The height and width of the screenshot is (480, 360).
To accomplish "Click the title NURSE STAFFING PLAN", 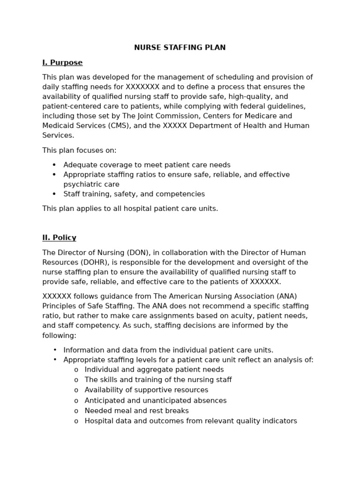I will point(180,47).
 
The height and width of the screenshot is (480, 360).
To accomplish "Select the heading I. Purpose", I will point(62,62).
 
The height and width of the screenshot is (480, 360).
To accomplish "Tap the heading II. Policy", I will point(59,238).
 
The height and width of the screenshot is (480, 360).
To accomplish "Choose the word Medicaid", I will point(58,126).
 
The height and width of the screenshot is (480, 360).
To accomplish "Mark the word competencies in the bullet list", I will point(182,194).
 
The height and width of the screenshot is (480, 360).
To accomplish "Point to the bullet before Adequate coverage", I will point(54,165).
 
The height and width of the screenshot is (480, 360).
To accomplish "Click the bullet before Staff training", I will point(54,194).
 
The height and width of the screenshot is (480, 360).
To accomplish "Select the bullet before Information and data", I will point(54,350).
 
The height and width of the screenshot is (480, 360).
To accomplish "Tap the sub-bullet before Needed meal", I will point(76,411).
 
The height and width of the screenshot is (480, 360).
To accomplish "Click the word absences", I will point(210,401).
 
